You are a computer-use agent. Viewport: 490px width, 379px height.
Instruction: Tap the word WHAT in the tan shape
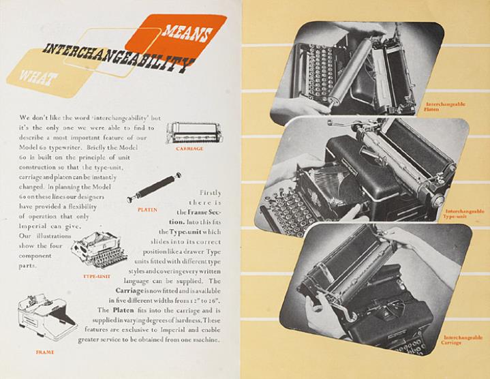(x=38, y=77)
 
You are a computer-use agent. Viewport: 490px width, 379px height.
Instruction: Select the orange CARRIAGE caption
(x=189, y=149)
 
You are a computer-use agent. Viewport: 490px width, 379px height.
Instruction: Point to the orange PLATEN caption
(x=147, y=210)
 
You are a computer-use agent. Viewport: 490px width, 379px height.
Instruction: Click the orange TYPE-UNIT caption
(x=97, y=276)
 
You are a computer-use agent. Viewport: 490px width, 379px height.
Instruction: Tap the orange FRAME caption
(x=45, y=352)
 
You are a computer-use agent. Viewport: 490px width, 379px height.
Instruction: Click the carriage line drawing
(x=194, y=133)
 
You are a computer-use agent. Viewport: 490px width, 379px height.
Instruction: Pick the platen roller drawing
(x=154, y=187)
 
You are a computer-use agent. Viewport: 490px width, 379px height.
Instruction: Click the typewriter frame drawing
(x=48, y=317)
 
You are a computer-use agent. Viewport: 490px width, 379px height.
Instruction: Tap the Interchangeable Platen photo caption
(x=444, y=106)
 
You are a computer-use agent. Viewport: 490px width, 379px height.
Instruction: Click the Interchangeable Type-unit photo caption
(x=463, y=214)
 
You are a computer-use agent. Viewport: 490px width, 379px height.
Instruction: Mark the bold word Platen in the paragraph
(x=123, y=310)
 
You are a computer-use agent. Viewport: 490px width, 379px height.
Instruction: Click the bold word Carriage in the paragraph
(x=129, y=291)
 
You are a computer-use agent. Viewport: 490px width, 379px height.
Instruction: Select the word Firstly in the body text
(x=211, y=193)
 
